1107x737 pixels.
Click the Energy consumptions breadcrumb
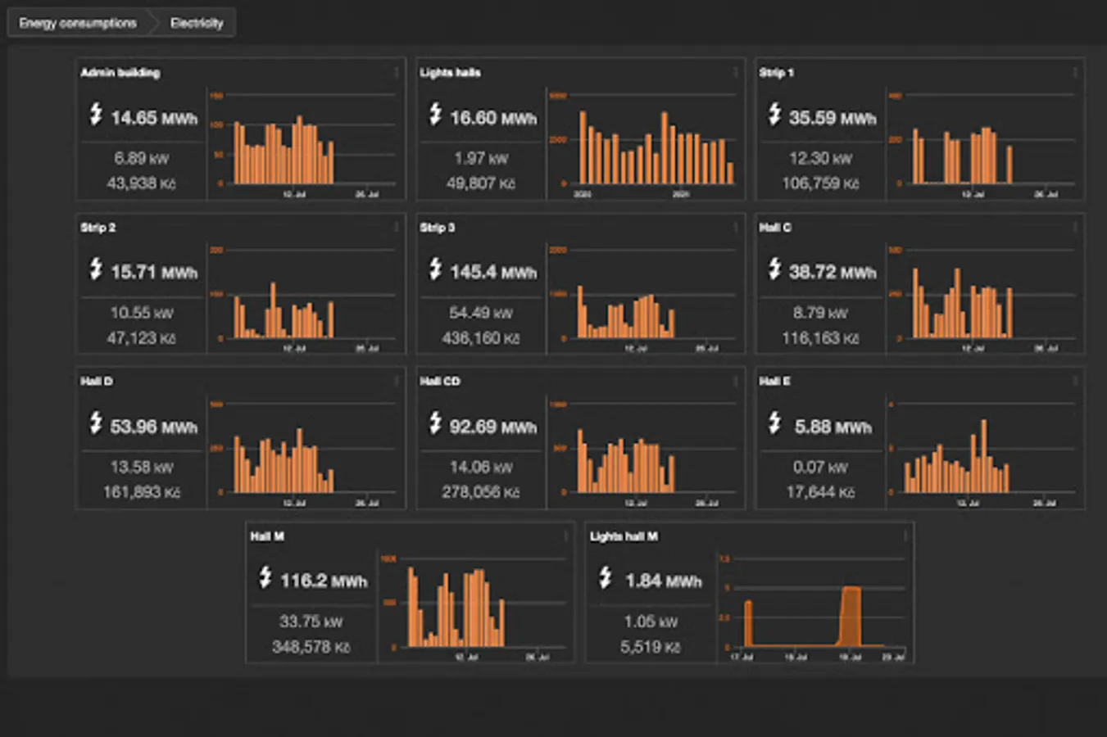(x=78, y=23)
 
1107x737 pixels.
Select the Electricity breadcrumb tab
(x=197, y=23)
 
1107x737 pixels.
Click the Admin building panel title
(x=120, y=73)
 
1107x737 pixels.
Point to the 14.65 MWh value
(x=154, y=118)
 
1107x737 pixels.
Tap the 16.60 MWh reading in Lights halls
(x=493, y=118)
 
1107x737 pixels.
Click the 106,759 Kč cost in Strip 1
(x=821, y=183)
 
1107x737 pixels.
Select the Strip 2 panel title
(x=98, y=228)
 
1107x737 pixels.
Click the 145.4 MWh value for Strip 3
(x=493, y=272)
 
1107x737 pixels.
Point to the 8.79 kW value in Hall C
(x=820, y=313)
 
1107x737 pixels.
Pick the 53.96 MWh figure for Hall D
(x=154, y=427)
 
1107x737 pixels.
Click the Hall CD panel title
(x=440, y=382)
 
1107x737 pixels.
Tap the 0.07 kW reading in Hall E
(x=820, y=468)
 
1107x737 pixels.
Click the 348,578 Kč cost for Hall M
(x=311, y=647)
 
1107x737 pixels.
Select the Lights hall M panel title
(x=624, y=536)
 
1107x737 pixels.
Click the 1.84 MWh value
(x=664, y=581)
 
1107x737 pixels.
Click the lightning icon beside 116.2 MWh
(x=265, y=577)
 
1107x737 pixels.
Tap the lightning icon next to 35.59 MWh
(x=774, y=115)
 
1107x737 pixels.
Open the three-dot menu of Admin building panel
(x=397, y=73)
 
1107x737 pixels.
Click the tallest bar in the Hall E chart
(x=984, y=454)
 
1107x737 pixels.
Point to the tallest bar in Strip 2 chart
(x=273, y=310)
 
